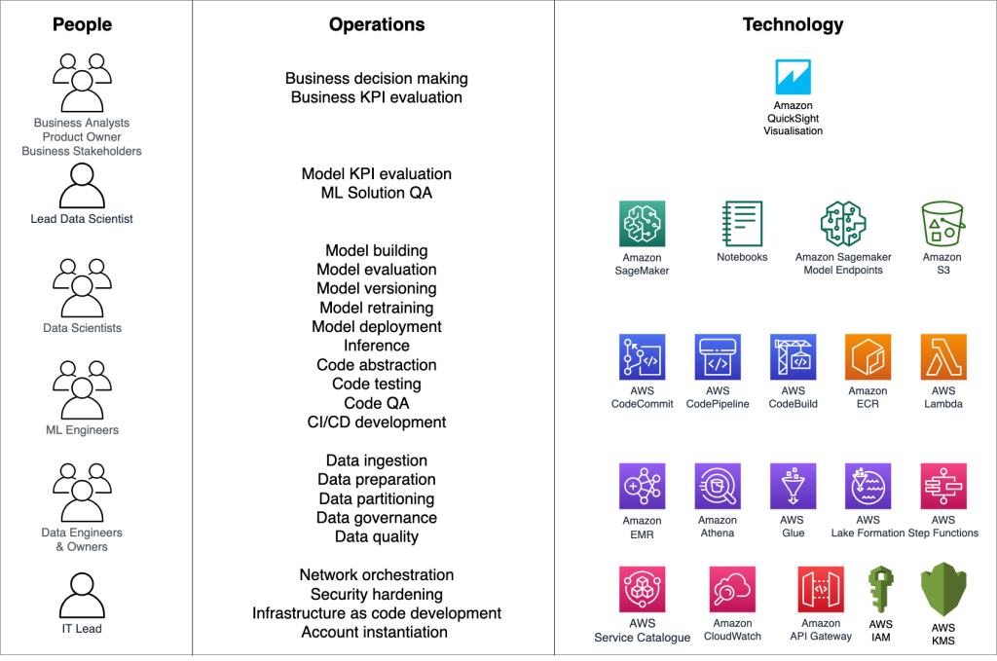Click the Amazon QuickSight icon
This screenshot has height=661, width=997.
(x=793, y=77)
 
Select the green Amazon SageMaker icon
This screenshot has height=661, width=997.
(x=642, y=224)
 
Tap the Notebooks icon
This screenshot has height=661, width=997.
(x=742, y=224)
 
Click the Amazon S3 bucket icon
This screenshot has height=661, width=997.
(x=942, y=224)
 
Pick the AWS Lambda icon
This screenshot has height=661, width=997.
(x=942, y=357)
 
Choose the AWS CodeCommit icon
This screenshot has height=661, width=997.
(x=642, y=357)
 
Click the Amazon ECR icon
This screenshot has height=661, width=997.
(x=868, y=357)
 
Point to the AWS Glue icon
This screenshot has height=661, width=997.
(x=793, y=487)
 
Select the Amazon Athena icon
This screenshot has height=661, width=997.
(x=718, y=487)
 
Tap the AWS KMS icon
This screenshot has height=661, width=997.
(x=942, y=593)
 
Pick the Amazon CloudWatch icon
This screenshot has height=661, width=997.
(x=732, y=590)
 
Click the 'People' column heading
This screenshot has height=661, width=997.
(x=82, y=25)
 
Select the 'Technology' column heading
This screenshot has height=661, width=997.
(x=793, y=25)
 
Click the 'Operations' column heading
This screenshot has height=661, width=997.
(x=377, y=25)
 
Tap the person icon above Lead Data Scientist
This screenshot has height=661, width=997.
(x=82, y=185)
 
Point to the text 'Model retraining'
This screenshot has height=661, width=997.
(x=377, y=308)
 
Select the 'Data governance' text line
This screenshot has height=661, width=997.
(x=377, y=518)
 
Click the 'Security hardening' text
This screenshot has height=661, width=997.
(x=377, y=594)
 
